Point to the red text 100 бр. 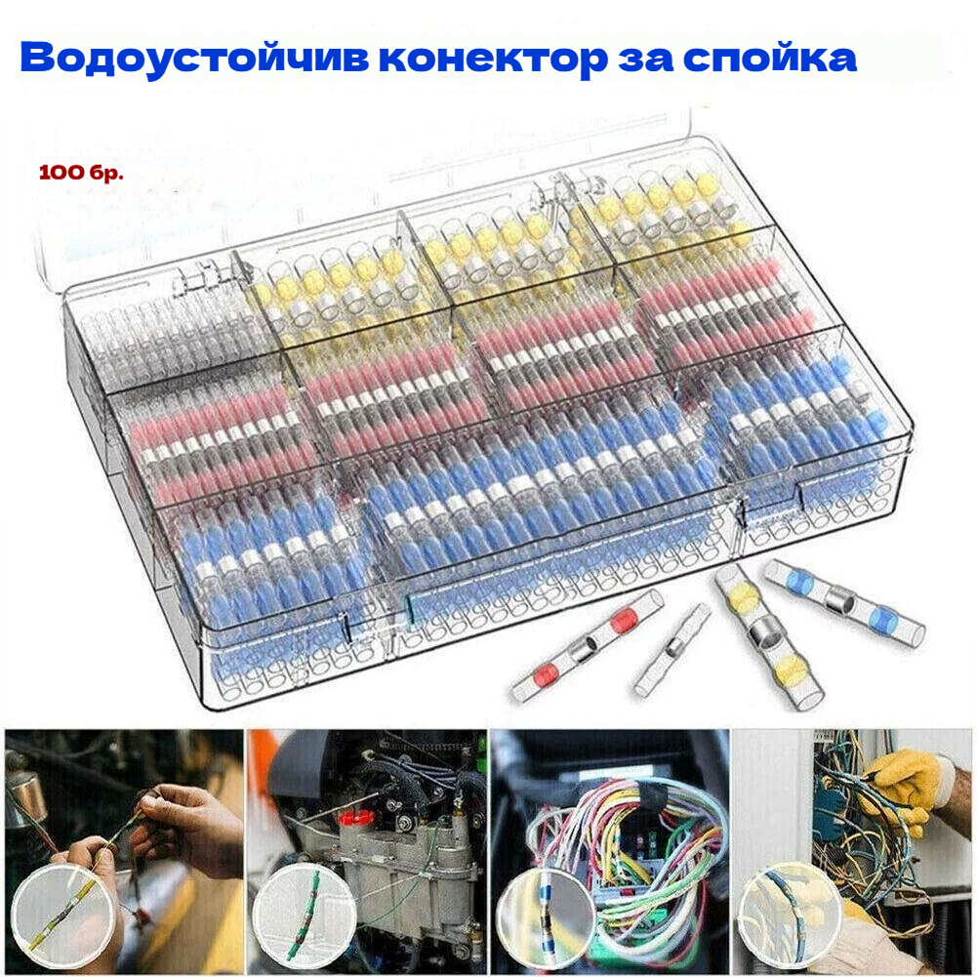tap(81, 173)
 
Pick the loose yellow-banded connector tap(768, 636)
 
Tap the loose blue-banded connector tap(844, 602)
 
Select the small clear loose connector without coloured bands tap(672, 649)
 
